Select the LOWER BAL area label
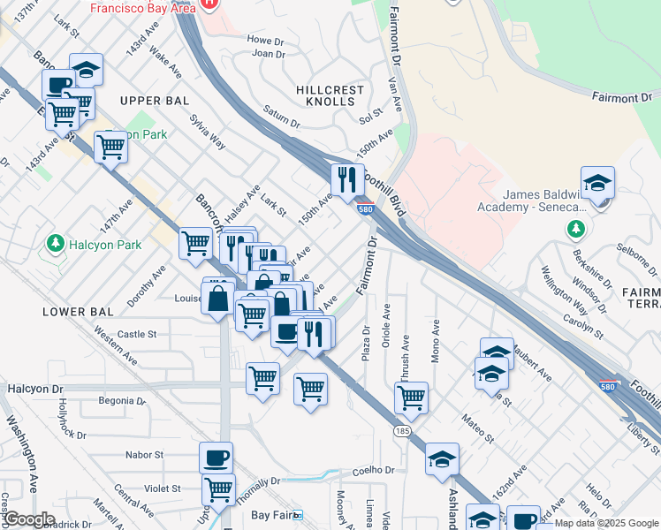78,312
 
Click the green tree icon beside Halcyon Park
55,243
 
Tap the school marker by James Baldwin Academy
597,184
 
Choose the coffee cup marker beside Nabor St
216,458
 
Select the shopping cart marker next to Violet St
217,487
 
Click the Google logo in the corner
29,519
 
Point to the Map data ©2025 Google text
607,523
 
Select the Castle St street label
137,335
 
